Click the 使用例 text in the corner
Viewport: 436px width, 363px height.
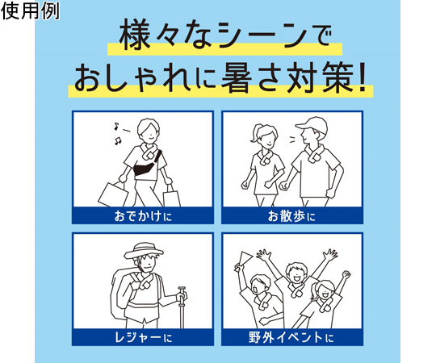(x=31, y=11)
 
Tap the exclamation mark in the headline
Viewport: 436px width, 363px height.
(x=363, y=78)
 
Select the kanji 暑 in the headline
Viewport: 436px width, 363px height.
(x=237, y=78)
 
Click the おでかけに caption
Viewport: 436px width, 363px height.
(x=143, y=216)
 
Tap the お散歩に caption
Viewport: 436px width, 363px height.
(x=292, y=216)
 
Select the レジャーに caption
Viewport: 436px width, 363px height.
(x=143, y=338)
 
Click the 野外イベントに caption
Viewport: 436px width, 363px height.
(x=291, y=338)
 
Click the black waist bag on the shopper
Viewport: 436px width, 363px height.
(x=145, y=166)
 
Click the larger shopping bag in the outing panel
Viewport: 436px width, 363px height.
(x=113, y=194)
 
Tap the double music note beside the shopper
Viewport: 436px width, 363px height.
(x=118, y=140)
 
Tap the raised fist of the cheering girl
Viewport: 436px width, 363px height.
(x=346, y=274)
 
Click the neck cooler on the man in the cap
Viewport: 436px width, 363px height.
(x=315, y=154)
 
